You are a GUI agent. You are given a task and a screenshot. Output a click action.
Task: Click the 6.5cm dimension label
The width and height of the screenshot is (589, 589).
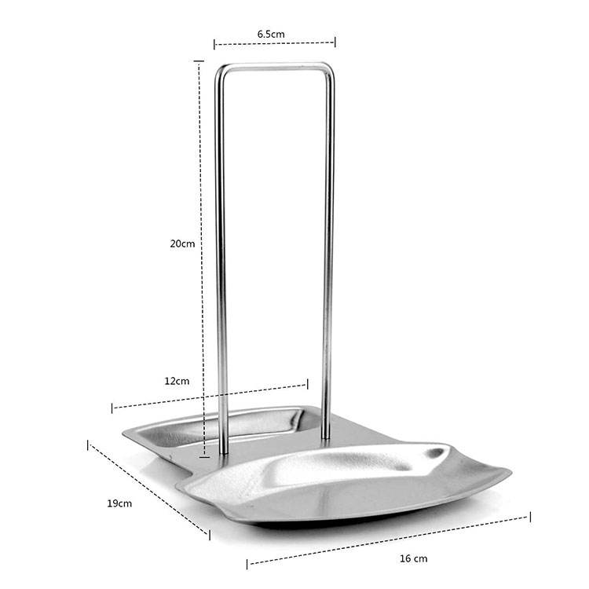coord(271,35)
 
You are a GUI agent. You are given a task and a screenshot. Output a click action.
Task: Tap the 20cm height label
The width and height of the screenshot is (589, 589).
coord(182,243)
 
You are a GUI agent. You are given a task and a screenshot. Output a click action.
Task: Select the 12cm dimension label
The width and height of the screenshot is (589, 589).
coord(177,381)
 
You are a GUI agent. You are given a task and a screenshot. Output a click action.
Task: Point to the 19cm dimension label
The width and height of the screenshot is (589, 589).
coord(119,503)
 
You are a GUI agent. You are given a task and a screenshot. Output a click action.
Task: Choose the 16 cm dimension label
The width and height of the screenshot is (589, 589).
coord(414,558)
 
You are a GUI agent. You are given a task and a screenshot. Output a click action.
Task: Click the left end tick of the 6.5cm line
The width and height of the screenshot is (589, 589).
coord(214,45)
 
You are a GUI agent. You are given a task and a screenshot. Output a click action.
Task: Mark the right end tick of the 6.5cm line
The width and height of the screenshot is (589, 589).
coord(335,42)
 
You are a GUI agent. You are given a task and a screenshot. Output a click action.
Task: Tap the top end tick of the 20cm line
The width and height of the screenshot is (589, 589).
coord(199,60)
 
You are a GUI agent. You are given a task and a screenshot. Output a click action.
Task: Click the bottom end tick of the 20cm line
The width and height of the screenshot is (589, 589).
coord(204,457)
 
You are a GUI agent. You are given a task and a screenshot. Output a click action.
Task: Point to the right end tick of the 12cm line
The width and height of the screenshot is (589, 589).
coord(308,384)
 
